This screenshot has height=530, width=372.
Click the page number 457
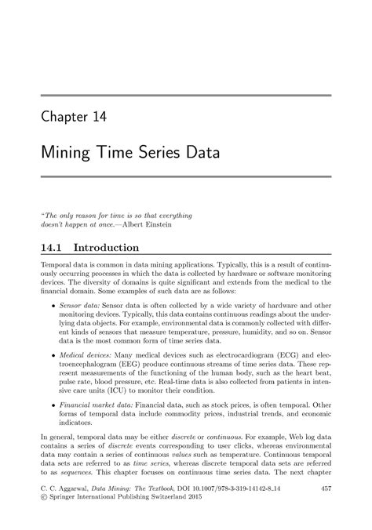click(x=327, y=488)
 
